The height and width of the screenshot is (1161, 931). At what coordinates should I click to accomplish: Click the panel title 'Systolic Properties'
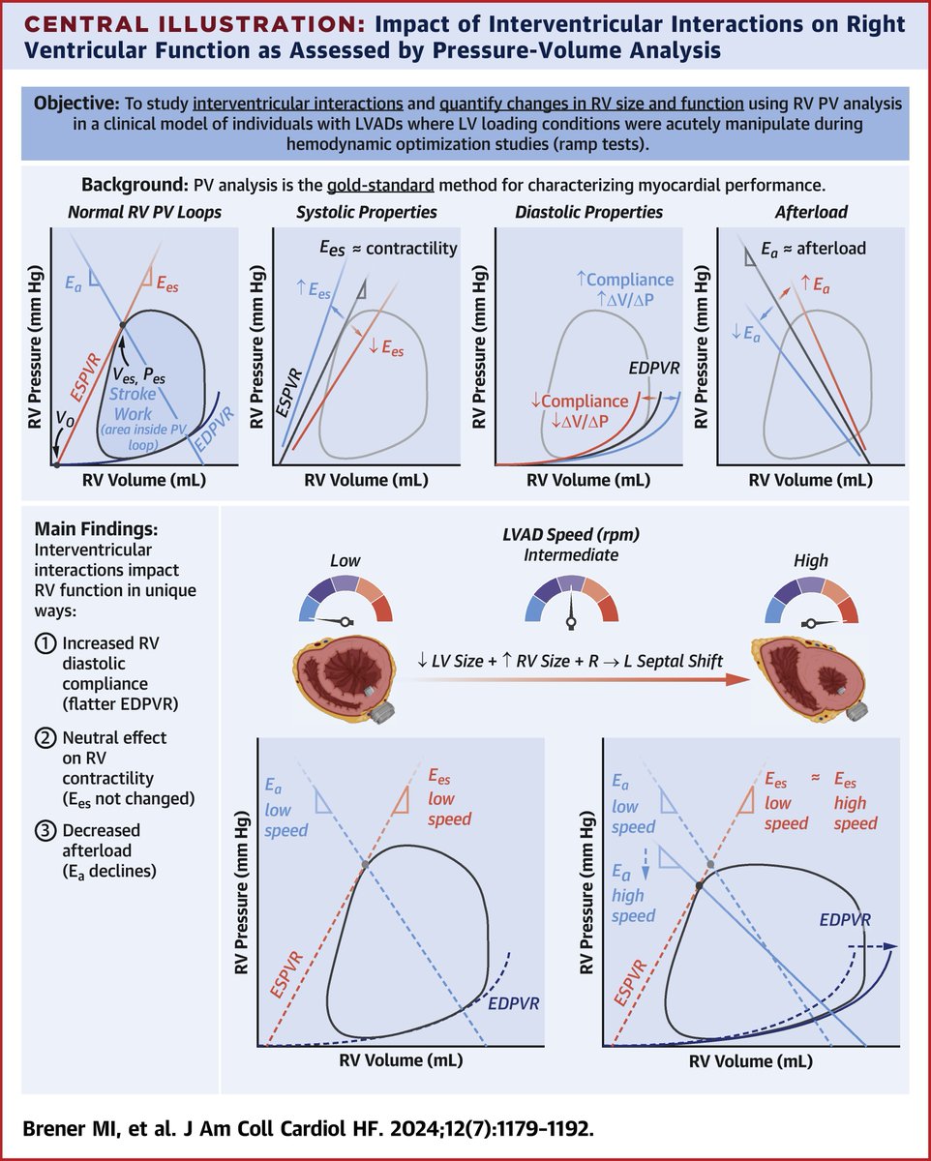point(367,212)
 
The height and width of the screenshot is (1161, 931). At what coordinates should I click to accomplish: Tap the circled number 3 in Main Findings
point(44,831)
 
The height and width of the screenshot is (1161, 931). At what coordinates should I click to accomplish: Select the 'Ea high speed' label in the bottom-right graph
point(633,894)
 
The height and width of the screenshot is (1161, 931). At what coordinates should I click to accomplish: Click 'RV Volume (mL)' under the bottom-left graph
point(401,1060)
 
